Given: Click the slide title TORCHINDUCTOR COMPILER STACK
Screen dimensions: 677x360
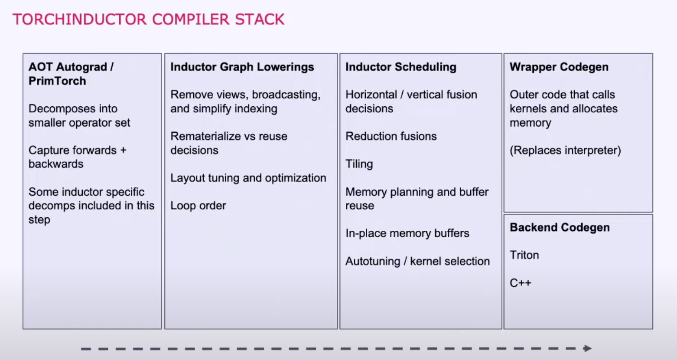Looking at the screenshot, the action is (148, 20).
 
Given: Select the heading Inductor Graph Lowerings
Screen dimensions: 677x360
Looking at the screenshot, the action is (242, 67).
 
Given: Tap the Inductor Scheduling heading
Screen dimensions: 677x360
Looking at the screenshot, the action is (401, 67).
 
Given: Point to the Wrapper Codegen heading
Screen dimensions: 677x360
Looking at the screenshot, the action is (559, 67).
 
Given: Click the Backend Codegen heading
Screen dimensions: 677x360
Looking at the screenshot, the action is (560, 228).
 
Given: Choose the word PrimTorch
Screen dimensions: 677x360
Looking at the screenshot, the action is (57, 81).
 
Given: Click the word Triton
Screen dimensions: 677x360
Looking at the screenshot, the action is (524, 255).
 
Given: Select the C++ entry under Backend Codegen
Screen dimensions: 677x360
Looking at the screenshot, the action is (520, 283).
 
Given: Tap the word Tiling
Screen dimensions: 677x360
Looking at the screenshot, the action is (359, 164).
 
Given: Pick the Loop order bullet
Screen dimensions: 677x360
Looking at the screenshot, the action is (198, 206).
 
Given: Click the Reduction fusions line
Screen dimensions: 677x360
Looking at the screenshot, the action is (391, 137).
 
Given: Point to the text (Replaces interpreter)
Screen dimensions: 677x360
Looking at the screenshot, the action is (565, 151).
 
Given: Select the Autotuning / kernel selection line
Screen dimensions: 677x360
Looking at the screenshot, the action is (417, 262).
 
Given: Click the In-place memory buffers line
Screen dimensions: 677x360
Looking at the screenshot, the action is (407, 233).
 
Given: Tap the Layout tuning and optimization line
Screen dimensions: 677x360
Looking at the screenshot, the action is (248, 178).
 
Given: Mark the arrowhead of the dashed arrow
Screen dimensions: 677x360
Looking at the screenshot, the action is (587, 348).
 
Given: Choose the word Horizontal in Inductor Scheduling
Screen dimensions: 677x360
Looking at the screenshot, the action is (371, 95).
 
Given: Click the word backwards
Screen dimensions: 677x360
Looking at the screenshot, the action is (56, 164).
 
